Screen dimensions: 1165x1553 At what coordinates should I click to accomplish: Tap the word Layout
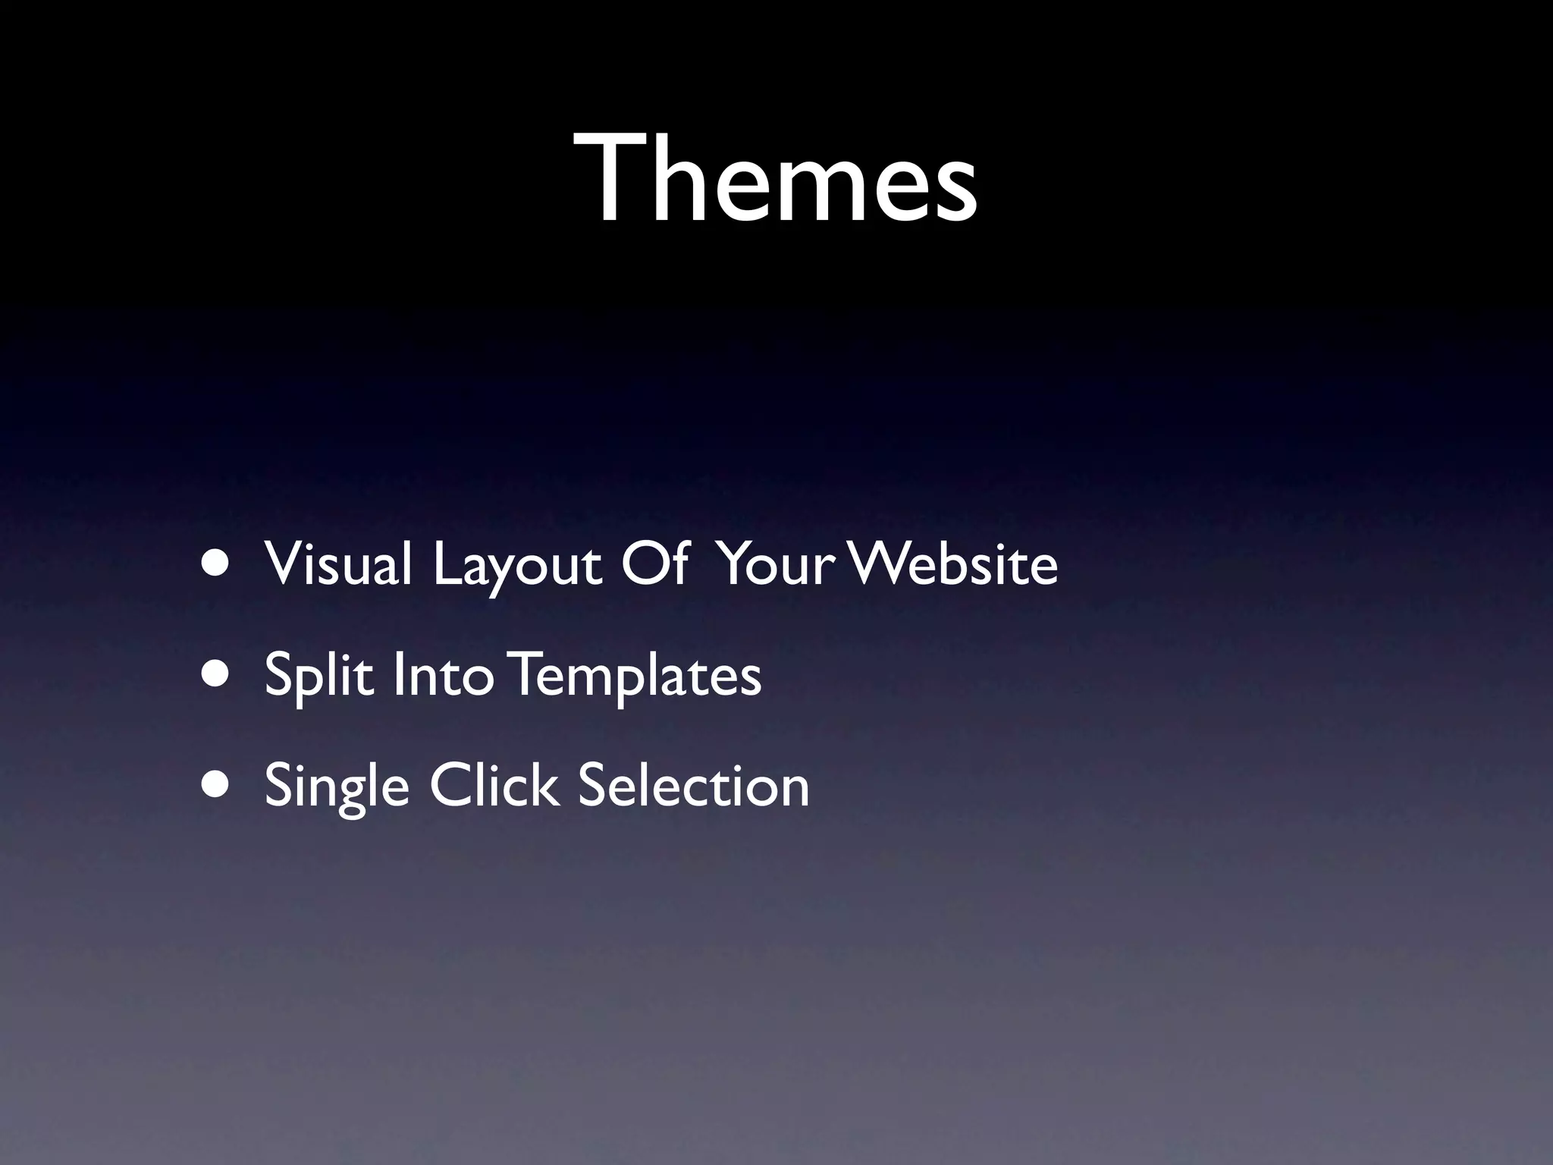[518, 565]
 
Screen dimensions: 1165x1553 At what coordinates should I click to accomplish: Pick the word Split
[318, 675]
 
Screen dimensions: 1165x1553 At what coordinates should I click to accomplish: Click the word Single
[337, 787]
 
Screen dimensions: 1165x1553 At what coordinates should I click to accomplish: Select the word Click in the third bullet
[494, 785]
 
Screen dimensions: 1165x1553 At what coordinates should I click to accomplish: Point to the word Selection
[694, 785]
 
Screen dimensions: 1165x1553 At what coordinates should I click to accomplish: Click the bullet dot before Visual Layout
[215, 565]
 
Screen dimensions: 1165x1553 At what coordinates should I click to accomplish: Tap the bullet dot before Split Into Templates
[215, 676]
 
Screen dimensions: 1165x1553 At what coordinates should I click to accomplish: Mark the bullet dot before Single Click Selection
[215, 787]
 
